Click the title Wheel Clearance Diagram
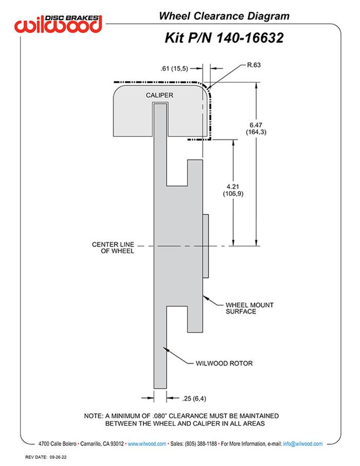[224, 16]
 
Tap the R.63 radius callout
[255, 65]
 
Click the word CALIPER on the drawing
[159, 95]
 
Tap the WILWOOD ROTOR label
[224, 363]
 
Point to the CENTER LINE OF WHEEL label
[113, 247]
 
